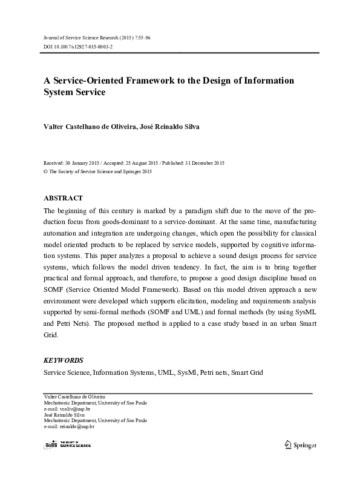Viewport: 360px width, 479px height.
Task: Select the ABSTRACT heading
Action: [64, 198]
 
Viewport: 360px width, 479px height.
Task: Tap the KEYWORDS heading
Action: [64, 360]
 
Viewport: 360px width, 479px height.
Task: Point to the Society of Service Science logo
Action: [68, 444]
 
